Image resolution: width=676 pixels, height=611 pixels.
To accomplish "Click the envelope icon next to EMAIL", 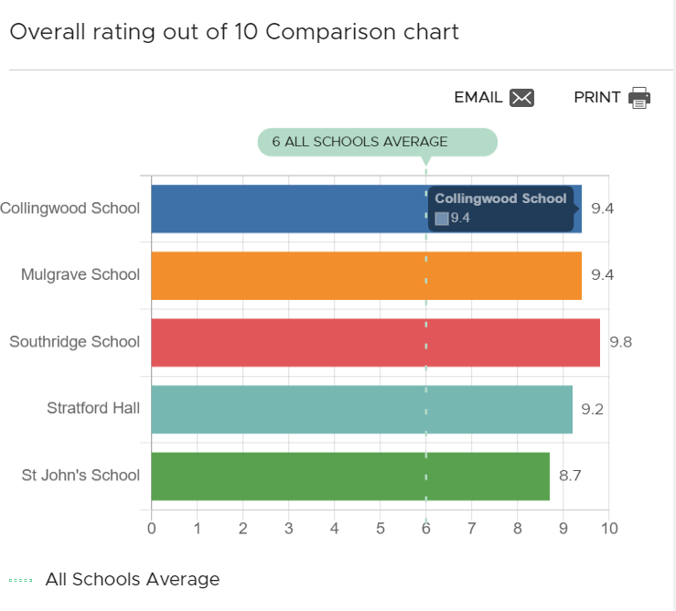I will pos(521,98).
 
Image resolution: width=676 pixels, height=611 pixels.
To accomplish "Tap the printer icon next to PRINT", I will pos(639,98).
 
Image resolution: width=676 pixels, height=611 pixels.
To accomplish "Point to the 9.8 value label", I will pos(620,342).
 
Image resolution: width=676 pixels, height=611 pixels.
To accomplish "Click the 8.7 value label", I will pos(570,476).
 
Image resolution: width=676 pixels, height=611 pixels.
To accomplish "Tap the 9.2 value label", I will pos(593,409).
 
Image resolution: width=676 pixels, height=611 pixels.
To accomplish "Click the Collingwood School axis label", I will pos(70,208).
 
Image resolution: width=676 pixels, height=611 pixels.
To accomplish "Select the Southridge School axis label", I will pos(74,342).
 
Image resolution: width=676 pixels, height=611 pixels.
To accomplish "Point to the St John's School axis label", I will pos(80,476).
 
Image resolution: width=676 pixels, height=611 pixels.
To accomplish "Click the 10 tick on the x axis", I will pos(608,528).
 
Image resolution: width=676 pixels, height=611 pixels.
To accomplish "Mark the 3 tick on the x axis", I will pos(289,528).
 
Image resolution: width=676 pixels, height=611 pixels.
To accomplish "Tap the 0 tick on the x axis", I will pos(152,528).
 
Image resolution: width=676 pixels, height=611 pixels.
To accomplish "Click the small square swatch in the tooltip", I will pos(442,218).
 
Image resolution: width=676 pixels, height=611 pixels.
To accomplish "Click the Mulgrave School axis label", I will pos(80,275).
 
